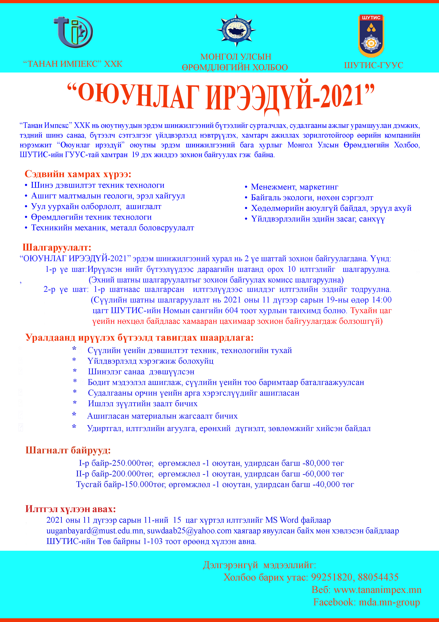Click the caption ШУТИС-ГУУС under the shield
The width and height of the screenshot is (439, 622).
[x=374, y=65]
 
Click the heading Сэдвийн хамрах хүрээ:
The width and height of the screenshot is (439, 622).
[x=78, y=174]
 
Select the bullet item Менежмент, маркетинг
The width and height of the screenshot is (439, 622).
[x=294, y=187]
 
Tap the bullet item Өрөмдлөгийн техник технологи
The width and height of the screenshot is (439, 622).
[x=91, y=217]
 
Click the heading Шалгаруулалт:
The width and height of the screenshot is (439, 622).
[x=57, y=247]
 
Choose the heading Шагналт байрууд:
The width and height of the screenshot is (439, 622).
[x=68, y=450]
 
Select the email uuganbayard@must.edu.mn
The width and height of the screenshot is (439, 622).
[x=95, y=531]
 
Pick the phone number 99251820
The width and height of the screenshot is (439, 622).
[x=332, y=577]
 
